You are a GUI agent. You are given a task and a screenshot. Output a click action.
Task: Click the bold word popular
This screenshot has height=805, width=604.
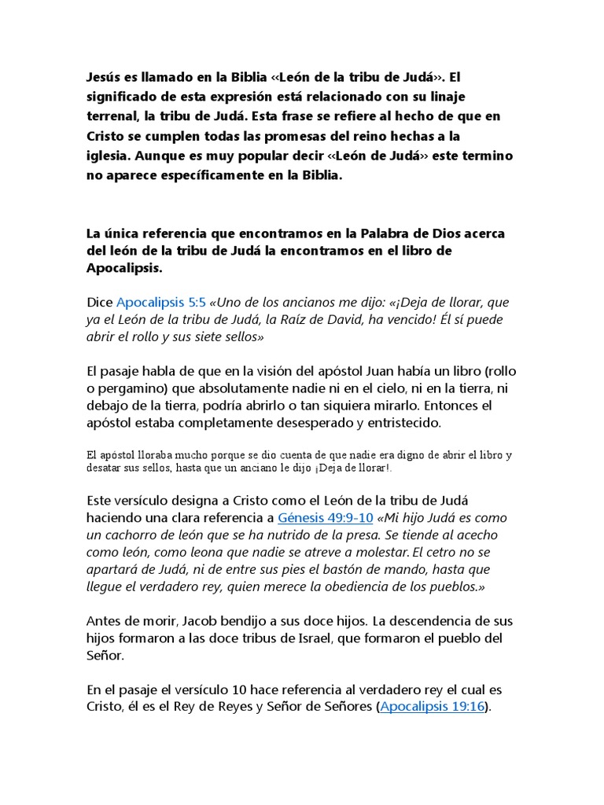pyautogui.click(x=275, y=156)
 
